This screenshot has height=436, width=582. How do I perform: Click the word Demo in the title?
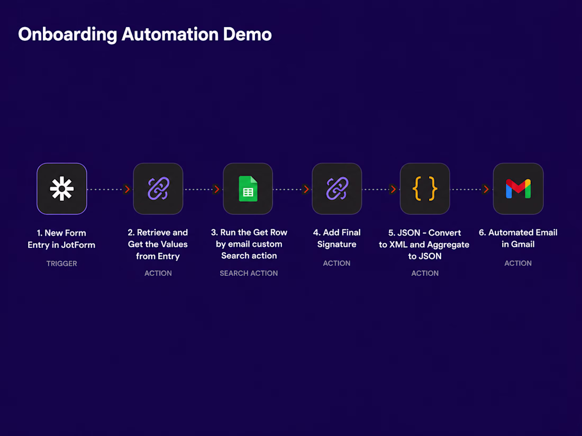247,34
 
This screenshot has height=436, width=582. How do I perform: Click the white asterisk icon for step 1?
61,189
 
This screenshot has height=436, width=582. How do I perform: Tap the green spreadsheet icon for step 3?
248,189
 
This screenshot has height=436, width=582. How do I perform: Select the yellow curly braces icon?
425,189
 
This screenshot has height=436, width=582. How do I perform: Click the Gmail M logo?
518,189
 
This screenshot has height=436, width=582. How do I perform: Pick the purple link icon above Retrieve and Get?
158,189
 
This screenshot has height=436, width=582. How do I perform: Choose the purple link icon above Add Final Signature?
337,189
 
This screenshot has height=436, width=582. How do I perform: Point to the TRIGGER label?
61,264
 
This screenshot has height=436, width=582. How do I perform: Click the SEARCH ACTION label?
249,273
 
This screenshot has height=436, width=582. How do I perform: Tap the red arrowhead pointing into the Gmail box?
486,189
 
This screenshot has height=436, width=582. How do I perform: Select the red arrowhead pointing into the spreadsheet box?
216,189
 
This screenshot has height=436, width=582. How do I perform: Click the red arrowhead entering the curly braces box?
393,189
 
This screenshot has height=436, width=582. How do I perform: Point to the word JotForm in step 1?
78,245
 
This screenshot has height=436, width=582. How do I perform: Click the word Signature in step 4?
337,245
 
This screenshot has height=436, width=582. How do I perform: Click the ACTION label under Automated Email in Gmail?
518,263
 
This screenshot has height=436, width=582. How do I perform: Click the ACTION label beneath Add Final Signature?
337,263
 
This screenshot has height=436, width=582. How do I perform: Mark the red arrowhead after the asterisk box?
127,189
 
